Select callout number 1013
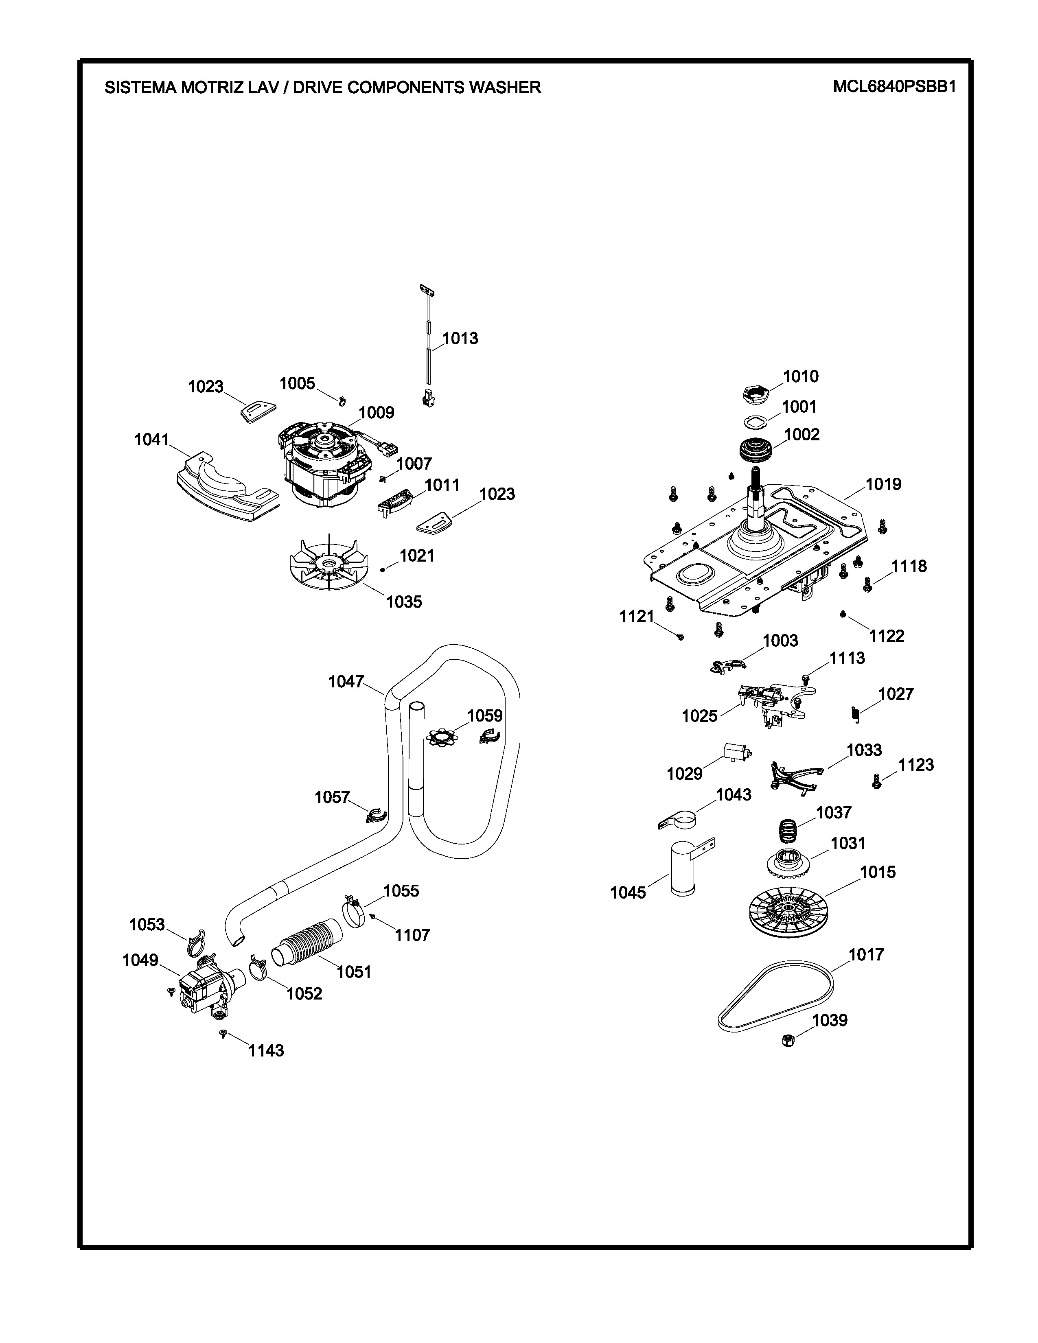tap(460, 338)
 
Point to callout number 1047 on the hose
tap(346, 681)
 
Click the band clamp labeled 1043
tap(684, 821)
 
